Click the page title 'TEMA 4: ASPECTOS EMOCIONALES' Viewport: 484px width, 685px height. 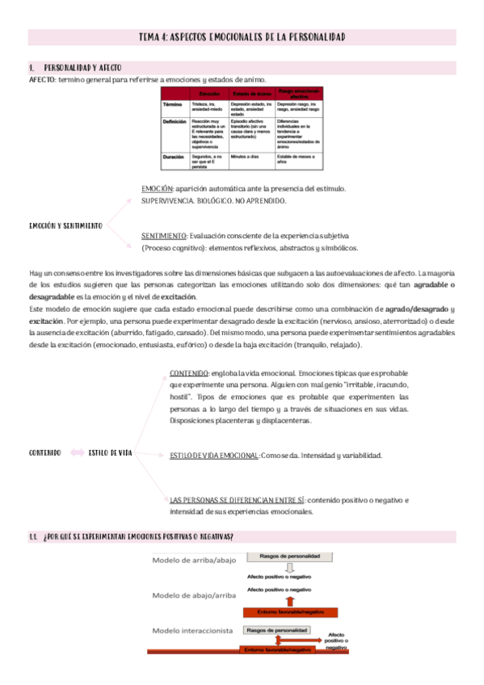(x=242, y=37)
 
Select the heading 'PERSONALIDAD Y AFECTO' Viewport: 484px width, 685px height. (x=82, y=68)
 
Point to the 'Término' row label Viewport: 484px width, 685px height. (x=173, y=105)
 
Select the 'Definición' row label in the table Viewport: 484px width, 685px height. (x=175, y=121)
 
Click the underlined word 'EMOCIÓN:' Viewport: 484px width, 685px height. (x=157, y=188)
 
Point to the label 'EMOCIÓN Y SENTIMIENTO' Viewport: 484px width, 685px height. (x=65, y=225)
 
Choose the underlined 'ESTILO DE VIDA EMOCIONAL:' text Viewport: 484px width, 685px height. (x=215, y=456)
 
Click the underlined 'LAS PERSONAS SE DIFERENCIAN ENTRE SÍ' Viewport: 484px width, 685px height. (x=236, y=500)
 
